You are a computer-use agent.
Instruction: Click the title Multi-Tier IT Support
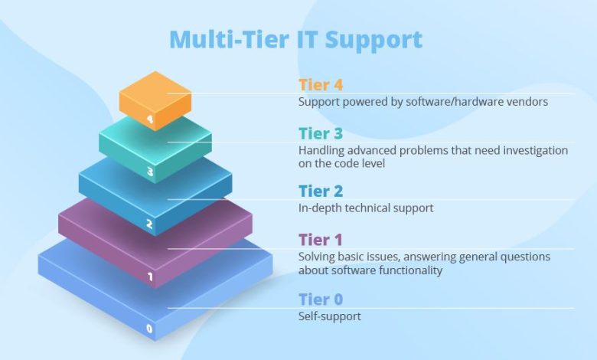295,40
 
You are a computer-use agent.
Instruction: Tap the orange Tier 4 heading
321,86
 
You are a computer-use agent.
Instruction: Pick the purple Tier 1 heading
321,241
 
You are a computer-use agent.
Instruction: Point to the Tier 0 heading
321,300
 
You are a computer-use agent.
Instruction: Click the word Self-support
329,316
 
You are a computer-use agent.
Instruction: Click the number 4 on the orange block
150,119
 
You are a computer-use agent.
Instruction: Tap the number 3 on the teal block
150,172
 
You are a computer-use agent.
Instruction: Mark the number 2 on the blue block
150,225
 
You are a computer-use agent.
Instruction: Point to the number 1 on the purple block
150,277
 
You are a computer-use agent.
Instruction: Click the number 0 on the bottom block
150,330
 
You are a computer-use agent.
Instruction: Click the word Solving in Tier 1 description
316,257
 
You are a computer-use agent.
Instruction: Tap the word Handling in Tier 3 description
321,150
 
